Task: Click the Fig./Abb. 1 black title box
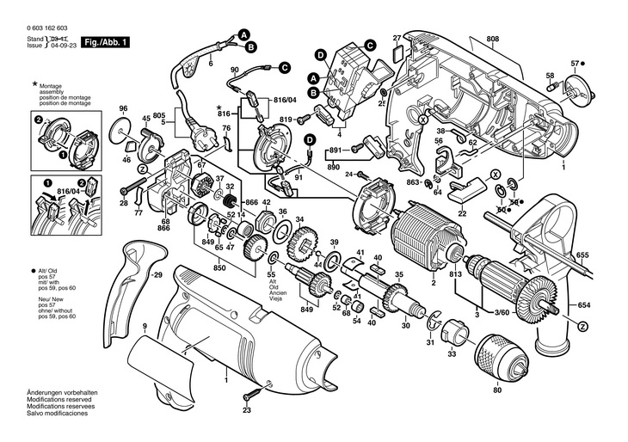(x=104, y=40)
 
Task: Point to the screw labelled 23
(x=251, y=394)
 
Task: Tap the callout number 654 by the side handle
(x=583, y=306)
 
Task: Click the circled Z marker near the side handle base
(x=583, y=326)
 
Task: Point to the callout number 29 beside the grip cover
(x=156, y=275)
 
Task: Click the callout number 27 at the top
(x=397, y=38)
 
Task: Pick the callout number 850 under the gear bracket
(x=220, y=268)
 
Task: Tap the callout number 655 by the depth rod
(x=582, y=255)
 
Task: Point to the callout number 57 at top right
(x=576, y=63)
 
